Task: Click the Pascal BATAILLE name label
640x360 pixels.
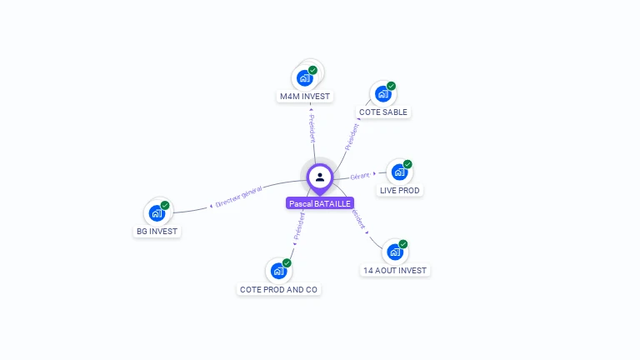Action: tap(320, 203)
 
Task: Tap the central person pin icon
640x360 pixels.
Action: tap(320, 177)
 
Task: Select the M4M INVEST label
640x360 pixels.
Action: tap(305, 96)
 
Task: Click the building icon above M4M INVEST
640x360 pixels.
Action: tap(305, 77)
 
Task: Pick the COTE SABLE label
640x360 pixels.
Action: tap(384, 112)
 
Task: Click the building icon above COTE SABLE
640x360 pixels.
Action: tap(383, 93)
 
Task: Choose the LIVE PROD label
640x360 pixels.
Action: tap(400, 190)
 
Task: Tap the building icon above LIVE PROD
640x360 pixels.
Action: tap(399, 172)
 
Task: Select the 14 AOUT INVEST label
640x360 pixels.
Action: tap(395, 270)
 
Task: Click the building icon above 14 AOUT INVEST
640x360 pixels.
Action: tap(395, 252)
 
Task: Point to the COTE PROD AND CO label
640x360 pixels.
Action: tap(278, 289)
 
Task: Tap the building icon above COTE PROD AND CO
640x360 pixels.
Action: tap(278, 271)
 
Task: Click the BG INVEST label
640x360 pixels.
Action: tap(157, 231)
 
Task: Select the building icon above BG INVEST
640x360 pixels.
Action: tap(157, 212)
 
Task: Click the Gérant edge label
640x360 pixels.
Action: tap(360, 177)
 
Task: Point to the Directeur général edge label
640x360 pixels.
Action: tap(238, 197)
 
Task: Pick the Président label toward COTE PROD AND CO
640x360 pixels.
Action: tap(299, 226)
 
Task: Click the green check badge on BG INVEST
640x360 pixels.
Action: tap(165, 205)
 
